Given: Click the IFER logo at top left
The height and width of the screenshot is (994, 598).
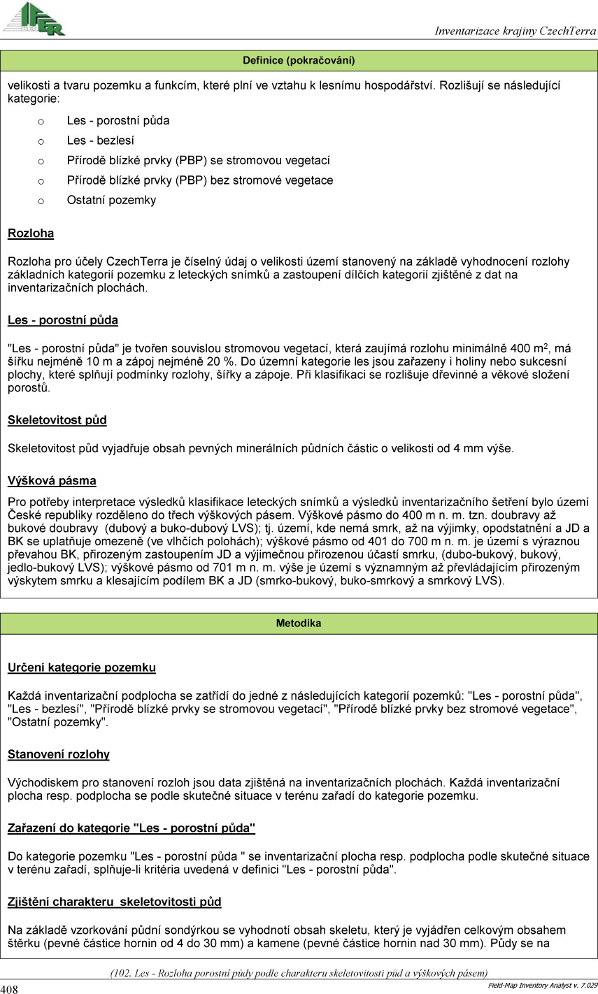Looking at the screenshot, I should pyautogui.click(x=34, y=19).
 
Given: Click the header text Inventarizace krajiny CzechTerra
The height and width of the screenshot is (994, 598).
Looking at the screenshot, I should pyautogui.click(x=515, y=31).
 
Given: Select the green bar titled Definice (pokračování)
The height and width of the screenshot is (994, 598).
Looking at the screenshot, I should pyautogui.click(x=299, y=61).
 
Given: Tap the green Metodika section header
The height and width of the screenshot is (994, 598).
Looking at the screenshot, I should pyautogui.click(x=299, y=624).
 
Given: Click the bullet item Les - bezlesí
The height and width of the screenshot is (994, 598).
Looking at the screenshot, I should pyautogui.click(x=101, y=141).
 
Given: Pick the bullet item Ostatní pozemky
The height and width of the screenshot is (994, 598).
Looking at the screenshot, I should pyautogui.click(x=111, y=200).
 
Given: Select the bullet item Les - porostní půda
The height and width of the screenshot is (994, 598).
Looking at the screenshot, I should pyautogui.click(x=118, y=120).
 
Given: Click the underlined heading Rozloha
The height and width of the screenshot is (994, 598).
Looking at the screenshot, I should pyautogui.click(x=31, y=233).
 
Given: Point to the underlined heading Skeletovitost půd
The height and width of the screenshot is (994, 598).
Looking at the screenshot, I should pyautogui.click(x=57, y=420).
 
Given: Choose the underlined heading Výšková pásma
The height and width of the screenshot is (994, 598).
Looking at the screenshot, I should pyautogui.click(x=52, y=481).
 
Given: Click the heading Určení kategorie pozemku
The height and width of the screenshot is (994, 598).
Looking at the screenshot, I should pyautogui.click(x=82, y=668).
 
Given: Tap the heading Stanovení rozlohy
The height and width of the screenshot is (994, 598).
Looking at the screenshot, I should pyautogui.click(x=59, y=754).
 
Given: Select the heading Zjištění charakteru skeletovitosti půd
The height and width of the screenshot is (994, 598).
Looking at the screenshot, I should pyautogui.click(x=115, y=902).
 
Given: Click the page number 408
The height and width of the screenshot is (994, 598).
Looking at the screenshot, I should pyautogui.click(x=10, y=988).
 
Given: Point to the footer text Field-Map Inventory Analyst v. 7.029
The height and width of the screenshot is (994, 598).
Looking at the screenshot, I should pyautogui.click(x=542, y=985).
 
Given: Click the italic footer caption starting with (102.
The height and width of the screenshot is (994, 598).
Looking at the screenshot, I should pyautogui.click(x=299, y=972).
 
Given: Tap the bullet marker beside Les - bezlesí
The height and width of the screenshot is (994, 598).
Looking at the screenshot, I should pyautogui.click(x=41, y=141).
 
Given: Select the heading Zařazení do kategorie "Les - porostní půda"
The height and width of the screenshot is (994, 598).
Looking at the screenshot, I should pyautogui.click(x=131, y=828).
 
